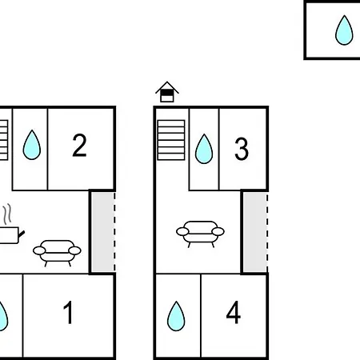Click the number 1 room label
[x=68, y=312]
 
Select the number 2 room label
[x=79, y=145]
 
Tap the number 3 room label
[x=242, y=149]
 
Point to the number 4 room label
[x=234, y=312]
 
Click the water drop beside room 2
[x=32, y=146]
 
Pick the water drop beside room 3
[x=204, y=149]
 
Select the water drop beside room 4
[x=176, y=317]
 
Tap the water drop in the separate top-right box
[x=344, y=30]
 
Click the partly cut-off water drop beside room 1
[x=3, y=317]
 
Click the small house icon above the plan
[x=167, y=92]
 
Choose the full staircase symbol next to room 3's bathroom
[x=171, y=140]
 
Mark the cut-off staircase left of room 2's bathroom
[x=4, y=140]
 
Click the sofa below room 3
[x=200, y=234]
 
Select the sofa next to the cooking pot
[x=57, y=253]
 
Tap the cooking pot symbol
[x=10, y=235]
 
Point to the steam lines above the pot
[x=8, y=214]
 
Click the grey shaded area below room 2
[x=103, y=232]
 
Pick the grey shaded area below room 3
[x=255, y=232]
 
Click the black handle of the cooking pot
[x=22, y=234]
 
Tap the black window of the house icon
[x=167, y=93]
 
